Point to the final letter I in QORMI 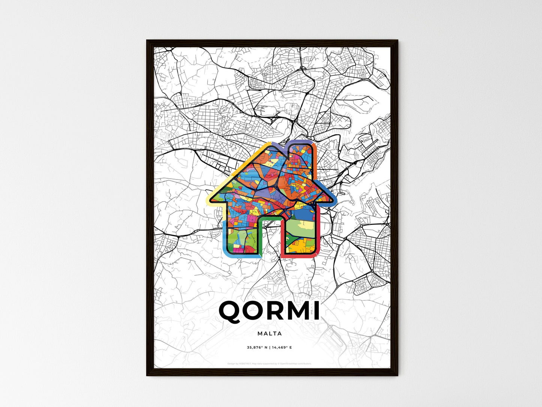pos(317,311)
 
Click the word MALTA pos(270,333)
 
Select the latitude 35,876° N pos(257,348)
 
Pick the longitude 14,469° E pos(282,348)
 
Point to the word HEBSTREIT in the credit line pos(244,364)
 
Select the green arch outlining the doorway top pos(270,218)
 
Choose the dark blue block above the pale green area pos(304,214)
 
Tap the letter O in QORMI pos(251,311)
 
